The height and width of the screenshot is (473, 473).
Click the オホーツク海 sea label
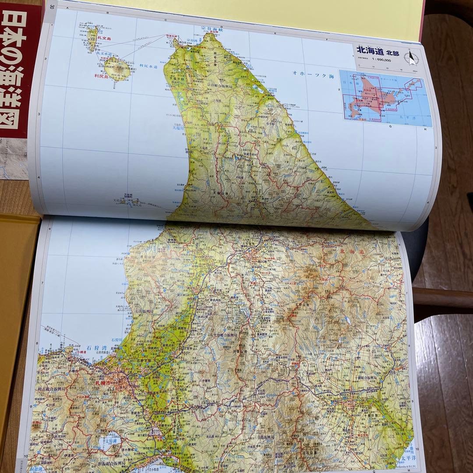[313, 74]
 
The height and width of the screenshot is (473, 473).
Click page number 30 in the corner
[52, 7]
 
